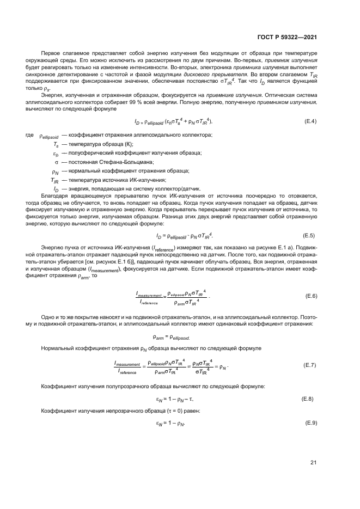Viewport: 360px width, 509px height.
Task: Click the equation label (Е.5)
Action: [x=309, y=235]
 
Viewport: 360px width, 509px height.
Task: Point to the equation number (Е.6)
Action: [x=310, y=296]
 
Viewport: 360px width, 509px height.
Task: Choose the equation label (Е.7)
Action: [x=310, y=365]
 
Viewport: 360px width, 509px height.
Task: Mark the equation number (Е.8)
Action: [x=309, y=399]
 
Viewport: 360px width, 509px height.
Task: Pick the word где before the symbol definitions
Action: [x=29, y=135]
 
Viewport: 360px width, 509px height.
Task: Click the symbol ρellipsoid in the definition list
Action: [x=48, y=136]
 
